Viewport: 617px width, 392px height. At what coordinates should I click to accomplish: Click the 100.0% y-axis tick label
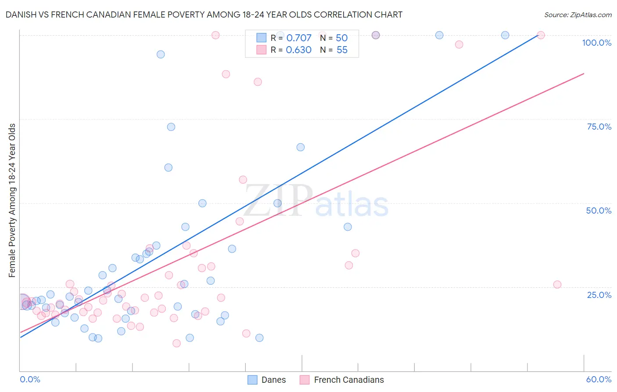click(x=596, y=43)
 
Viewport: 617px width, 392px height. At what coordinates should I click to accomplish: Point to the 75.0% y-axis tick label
click(x=599, y=127)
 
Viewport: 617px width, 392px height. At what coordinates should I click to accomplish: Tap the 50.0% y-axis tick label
click(x=599, y=211)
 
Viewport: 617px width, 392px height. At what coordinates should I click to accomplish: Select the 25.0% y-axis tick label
click(x=599, y=295)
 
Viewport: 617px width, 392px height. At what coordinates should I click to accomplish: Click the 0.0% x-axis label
click(x=30, y=379)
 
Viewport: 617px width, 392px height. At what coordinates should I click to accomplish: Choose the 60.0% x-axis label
click(x=599, y=379)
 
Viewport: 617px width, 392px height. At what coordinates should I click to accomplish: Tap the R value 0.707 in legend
click(x=298, y=38)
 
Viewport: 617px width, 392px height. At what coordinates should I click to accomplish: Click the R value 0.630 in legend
click(x=298, y=50)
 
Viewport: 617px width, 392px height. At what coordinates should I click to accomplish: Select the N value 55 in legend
click(x=342, y=50)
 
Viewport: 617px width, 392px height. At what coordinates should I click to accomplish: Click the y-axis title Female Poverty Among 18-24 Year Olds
click(x=12, y=200)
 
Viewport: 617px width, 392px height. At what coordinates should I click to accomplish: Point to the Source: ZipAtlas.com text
click(x=578, y=15)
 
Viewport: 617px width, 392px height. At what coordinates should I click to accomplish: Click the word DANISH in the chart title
click(x=22, y=15)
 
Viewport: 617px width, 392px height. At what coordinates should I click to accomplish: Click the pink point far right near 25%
click(x=557, y=284)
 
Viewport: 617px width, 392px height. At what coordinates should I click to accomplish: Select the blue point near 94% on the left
click(x=161, y=54)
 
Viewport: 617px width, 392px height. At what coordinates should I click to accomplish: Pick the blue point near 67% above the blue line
click(x=301, y=147)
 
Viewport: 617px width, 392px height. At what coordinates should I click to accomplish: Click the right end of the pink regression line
click(x=584, y=73)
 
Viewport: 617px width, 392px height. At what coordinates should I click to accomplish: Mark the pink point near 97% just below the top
click(x=459, y=44)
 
